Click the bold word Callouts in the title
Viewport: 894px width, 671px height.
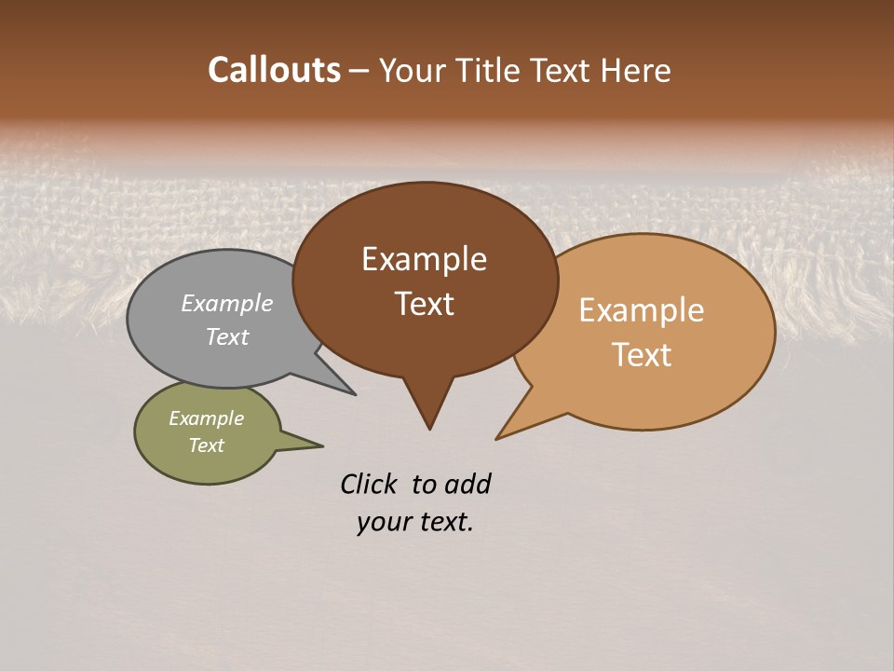[x=275, y=70]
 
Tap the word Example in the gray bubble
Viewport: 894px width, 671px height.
[x=227, y=303]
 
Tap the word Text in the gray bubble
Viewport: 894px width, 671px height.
[x=227, y=336]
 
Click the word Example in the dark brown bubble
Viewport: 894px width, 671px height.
[x=424, y=259]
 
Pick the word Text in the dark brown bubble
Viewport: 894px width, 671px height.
[x=424, y=304]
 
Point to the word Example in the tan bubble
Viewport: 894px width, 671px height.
[x=642, y=310]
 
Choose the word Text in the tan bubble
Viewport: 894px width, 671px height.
[x=642, y=355]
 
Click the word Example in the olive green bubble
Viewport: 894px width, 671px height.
[x=206, y=418]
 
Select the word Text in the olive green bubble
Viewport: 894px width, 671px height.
[x=206, y=445]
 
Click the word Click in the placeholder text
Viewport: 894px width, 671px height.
[x=368, y=484]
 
